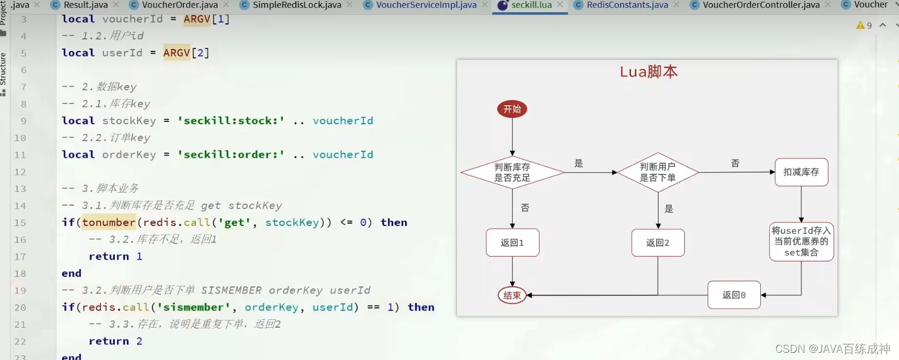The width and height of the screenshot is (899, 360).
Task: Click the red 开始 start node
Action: coord(512,109)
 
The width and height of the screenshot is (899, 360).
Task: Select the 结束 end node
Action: coord(512,295)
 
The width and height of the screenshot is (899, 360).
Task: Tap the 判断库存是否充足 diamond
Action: coord(512,172)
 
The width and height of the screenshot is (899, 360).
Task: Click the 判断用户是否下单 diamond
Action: coord(657,172)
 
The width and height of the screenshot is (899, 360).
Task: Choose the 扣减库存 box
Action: coord(801,172)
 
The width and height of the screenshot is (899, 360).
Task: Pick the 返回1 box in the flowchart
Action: coord(512,243)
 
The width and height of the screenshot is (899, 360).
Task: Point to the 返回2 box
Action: coord(657,243)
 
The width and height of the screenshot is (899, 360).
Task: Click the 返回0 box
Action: coord(734,295)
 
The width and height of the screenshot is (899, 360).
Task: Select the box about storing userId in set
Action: coord(801,242)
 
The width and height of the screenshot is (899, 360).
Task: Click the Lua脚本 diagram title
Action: coord(648,72)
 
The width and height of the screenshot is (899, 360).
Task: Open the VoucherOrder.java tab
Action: coord(179,5)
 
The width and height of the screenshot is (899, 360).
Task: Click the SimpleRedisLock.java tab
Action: coord(297,5)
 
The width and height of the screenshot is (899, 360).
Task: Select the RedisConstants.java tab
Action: coord(627,5)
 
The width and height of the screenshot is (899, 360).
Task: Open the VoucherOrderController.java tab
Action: coord(761,5)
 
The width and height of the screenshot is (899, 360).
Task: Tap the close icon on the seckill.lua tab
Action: coord(560,5)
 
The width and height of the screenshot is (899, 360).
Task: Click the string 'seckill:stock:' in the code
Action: coord(231,121)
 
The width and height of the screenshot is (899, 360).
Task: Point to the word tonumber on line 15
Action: coord(109,222)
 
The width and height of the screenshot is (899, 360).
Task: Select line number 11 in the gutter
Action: coord(20,155)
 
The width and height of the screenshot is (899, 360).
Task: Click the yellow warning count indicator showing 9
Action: coord(864,26)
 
